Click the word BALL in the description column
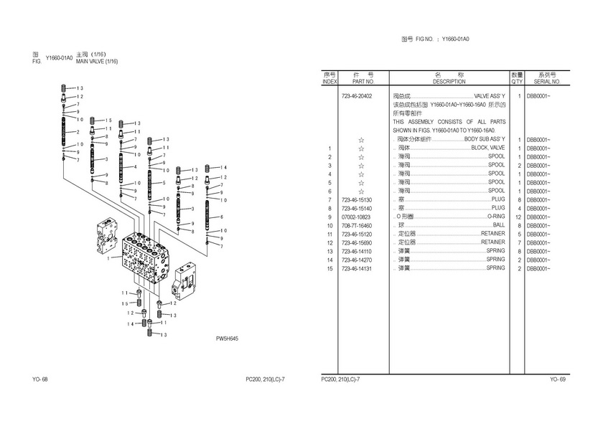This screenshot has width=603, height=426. pos(498,225)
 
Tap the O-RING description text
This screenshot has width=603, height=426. pos(495,217)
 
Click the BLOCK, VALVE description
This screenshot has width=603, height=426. pos(487,148)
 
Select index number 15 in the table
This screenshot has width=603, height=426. pos(329,268)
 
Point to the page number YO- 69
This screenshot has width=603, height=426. pos(558,379)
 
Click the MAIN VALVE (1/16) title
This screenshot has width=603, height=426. pos(96,62)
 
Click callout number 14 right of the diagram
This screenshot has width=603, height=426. pos(224,167)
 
